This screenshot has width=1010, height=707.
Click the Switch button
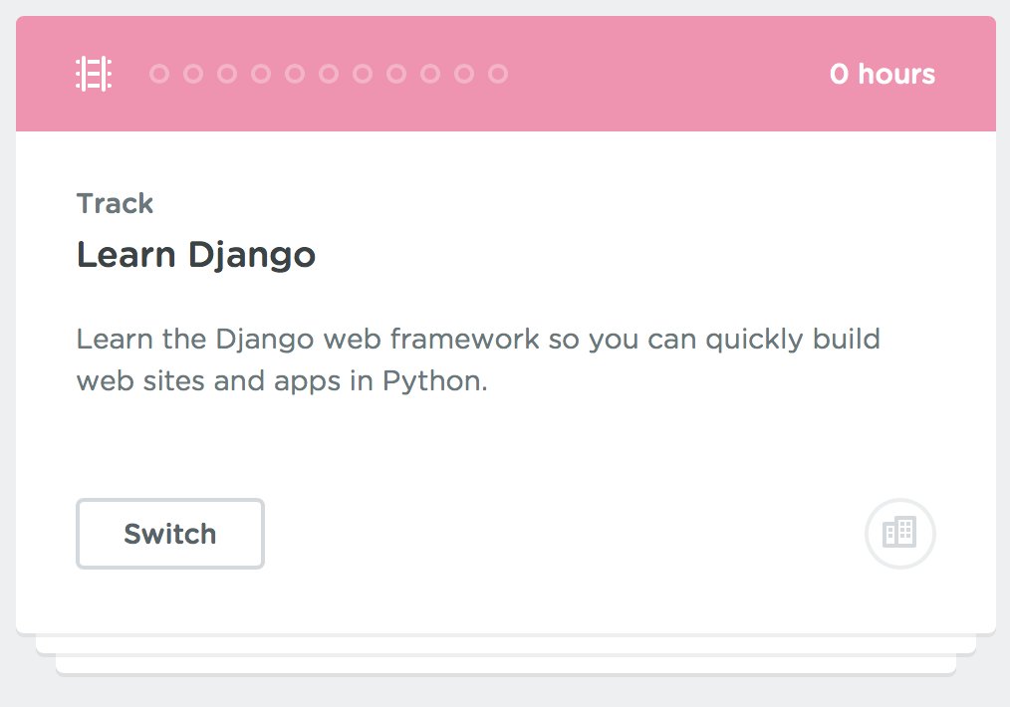tap(169, 534)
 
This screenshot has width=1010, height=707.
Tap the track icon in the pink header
tap(94, 74)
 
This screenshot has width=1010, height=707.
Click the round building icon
tap(900, 534)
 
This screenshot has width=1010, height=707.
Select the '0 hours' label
tap(883, 75)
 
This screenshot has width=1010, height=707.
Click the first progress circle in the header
tap(159, 74)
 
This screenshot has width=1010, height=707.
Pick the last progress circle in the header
tap(498, 74)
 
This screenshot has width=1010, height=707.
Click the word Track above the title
tap(115, 204)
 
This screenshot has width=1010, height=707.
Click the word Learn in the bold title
tap(126, 256)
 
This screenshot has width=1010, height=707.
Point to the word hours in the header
tap(896, 75)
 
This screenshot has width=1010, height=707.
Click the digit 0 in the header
tap(840, 75)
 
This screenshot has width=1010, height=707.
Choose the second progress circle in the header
tap(193, 74)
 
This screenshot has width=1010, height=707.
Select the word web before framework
tap(354, 340)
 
